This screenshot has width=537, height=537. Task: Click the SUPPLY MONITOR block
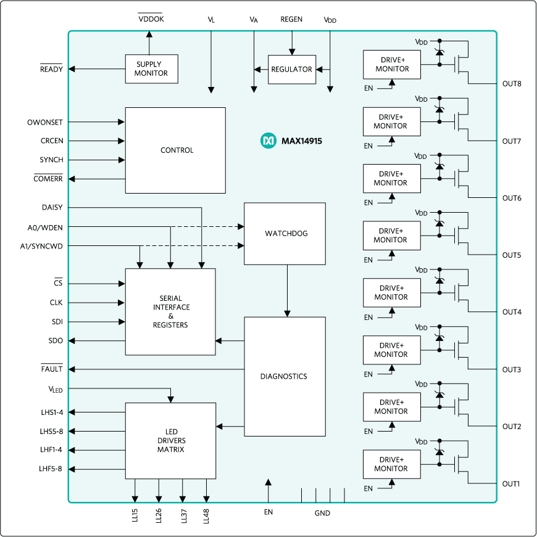pos(151,69)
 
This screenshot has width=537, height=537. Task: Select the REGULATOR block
pos(291,69)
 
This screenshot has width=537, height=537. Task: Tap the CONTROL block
pos(176,150)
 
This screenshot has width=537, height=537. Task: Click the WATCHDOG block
pos(285,234)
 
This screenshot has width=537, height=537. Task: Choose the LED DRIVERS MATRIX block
pos(170,441)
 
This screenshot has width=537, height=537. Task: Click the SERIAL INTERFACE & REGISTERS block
pos(170,311)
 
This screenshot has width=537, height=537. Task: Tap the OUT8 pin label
pos(512,84)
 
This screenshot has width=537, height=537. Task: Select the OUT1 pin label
pos(512,484)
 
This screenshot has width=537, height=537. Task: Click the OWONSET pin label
pos(45,122)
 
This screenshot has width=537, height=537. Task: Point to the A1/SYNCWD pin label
pos(41,247)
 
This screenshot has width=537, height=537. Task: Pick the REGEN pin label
pos(291,19)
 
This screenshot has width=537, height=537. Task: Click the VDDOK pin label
pos(151,19)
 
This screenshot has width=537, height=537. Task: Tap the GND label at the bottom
pos(322,513)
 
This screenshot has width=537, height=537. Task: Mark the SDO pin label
pos(56,341)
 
